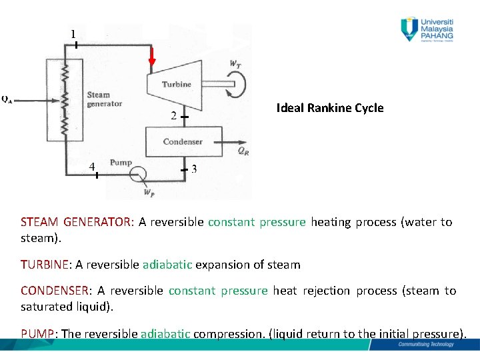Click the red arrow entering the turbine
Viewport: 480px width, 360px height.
click(152, 59)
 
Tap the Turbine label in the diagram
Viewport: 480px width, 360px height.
click(176, 84)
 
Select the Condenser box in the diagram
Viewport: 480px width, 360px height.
click(183, 141)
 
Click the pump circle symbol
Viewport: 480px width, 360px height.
click(140, 175)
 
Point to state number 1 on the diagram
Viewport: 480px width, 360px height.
click(73, 33)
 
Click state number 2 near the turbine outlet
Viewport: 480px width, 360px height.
click(173, 117)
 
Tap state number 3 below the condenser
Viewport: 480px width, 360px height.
click(194, 169)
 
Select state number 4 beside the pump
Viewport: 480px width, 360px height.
click(93, 166)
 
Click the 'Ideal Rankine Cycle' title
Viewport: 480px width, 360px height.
click(330, 108)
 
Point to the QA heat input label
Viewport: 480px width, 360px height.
click(6, 100)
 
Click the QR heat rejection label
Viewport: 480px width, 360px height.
click(243, 151)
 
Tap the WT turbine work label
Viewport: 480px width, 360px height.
click(235, 64)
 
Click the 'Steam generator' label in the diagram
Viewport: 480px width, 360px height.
click(104, 99)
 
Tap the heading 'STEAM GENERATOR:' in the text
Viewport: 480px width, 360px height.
click(77, 222)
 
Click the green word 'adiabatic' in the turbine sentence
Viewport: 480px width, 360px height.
click(167, 265)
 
